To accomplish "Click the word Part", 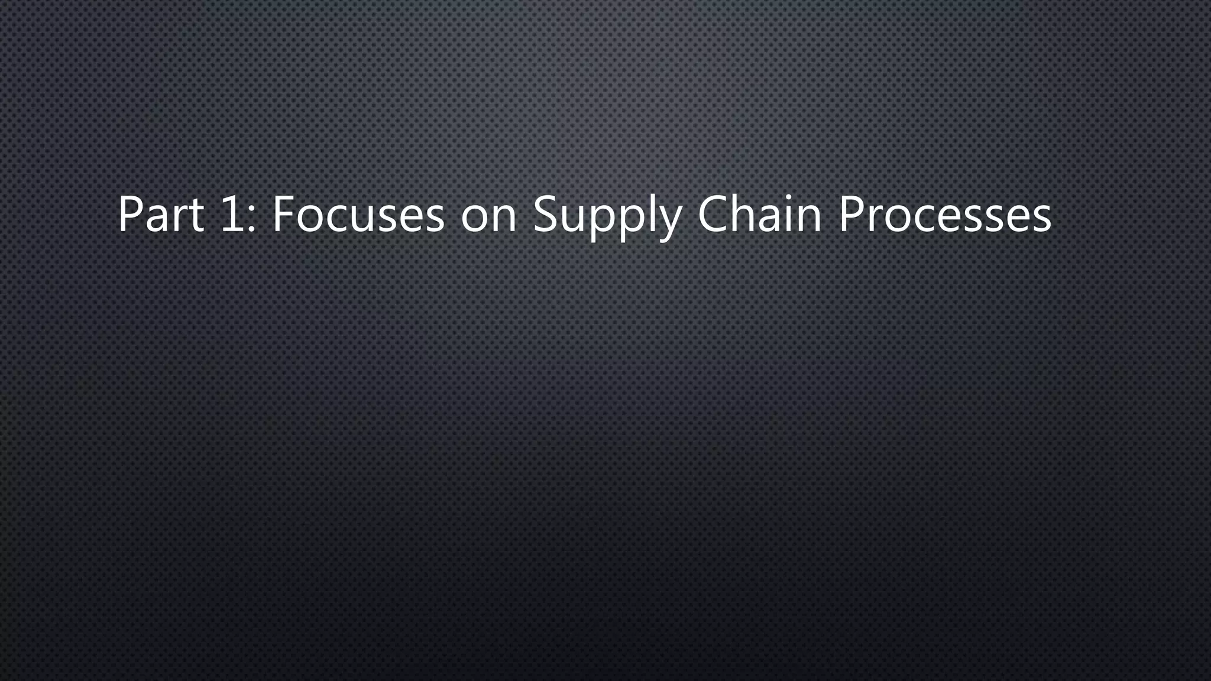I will [161, 214].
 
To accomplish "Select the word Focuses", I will [358, 214].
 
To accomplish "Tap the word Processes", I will [945, 214].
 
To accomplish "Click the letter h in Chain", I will [747, 214].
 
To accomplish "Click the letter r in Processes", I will [876, 220].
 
